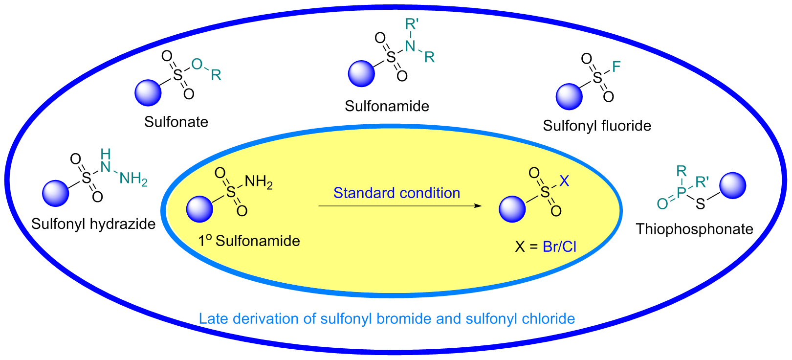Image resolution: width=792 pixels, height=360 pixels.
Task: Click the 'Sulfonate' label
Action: pyautogui.click(x=176, y=122)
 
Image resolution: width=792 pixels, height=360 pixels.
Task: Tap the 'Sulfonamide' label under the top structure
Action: pyautogui.click(x=387, y=106)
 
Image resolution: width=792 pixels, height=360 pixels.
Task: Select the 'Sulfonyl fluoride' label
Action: pyautogui.click(x=597, y=126)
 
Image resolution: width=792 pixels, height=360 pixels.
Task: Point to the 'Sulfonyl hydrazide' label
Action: pyautogui.click(x=93, y=224)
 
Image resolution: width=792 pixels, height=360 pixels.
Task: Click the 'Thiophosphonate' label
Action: pyautogui.click(x=694, y=229)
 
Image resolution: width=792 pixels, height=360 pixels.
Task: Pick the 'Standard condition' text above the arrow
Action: pyautogui.click(x=396, y=193)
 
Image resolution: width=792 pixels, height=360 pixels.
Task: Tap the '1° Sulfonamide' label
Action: pyautogui.click(x=249, y=241)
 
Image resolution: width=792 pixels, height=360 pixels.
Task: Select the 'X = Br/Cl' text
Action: pyautogui.click(x=546, y=247)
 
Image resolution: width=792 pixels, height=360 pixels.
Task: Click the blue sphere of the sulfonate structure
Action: pyautogui.click(x=148, y=93)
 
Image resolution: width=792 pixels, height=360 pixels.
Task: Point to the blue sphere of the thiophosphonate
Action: pyautogui.click(x=733, y=186)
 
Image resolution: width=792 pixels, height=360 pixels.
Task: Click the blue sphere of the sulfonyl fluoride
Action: pyautogui.click(x=569, y=96)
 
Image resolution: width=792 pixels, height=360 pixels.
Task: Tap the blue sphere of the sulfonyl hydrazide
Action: pyautogui.click(x=56, y=193)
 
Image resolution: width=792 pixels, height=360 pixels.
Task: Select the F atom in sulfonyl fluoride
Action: pyautogui.click(x=616, y=67)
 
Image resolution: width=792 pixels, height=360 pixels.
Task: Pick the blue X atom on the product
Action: pyautogui.click(x=564, y=181)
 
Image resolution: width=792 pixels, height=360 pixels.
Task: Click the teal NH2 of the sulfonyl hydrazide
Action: pyautogui.click(x=133, y=179)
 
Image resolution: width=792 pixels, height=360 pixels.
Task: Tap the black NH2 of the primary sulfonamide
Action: pyautogui.click(x=258, y=182)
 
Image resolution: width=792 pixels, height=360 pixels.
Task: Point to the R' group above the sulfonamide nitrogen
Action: pyautogui.click(x=412, y=24)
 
